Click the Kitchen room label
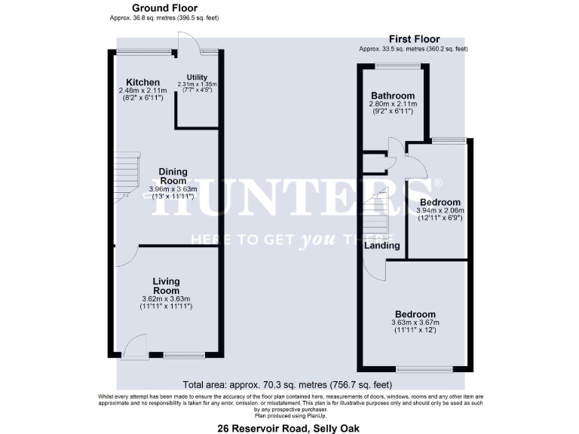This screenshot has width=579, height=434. click(143, 82)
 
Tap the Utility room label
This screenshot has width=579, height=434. click(197, 77)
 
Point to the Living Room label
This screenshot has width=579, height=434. click(166, 286)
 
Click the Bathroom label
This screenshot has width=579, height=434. click(392, 96)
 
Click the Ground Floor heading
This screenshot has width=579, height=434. click(164, 8)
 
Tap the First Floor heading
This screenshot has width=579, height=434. click(414, 38)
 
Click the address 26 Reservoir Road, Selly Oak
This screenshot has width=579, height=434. click(289, 428)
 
